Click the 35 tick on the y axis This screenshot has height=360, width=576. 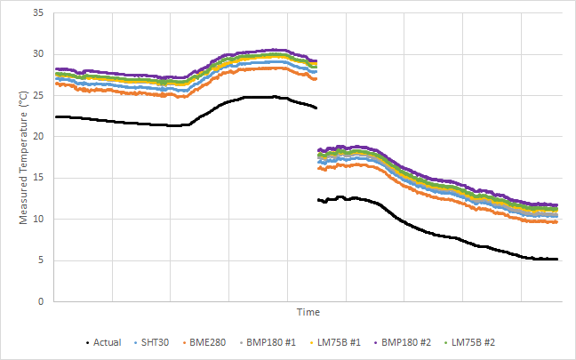pyautogui.click(x=40, y=13)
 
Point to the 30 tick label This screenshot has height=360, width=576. pyautogui.click(x=40, y=54)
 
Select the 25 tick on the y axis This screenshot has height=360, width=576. pyautogui.click(x=40, y=95)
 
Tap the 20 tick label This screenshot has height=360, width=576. pyautogui.click(x=40, y=137)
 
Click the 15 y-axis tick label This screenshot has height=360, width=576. pyautogui.click(x=40, y=178)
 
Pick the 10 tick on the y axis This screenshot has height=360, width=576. pyautogui.click(x=40, y=219)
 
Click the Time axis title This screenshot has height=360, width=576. pyautogui.click(x=308, y=312)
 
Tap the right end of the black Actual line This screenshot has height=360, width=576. pyautogui.click(x=557, y=260)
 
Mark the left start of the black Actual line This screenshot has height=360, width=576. pyautogui.click(x=56, y=116)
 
